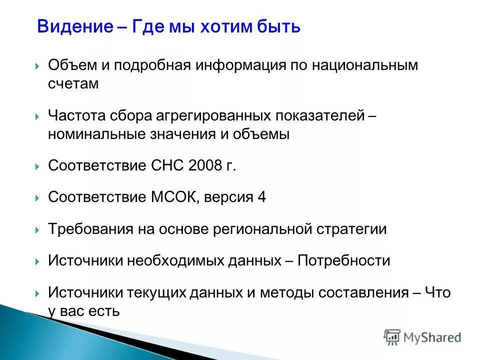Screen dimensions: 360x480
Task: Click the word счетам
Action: click(x=73, y=84)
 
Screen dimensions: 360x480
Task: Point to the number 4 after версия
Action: click(x=261, y=197)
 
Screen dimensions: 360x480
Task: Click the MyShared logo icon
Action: click(x=393, y=336)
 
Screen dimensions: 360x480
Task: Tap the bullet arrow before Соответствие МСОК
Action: click(x=37, y=198)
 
